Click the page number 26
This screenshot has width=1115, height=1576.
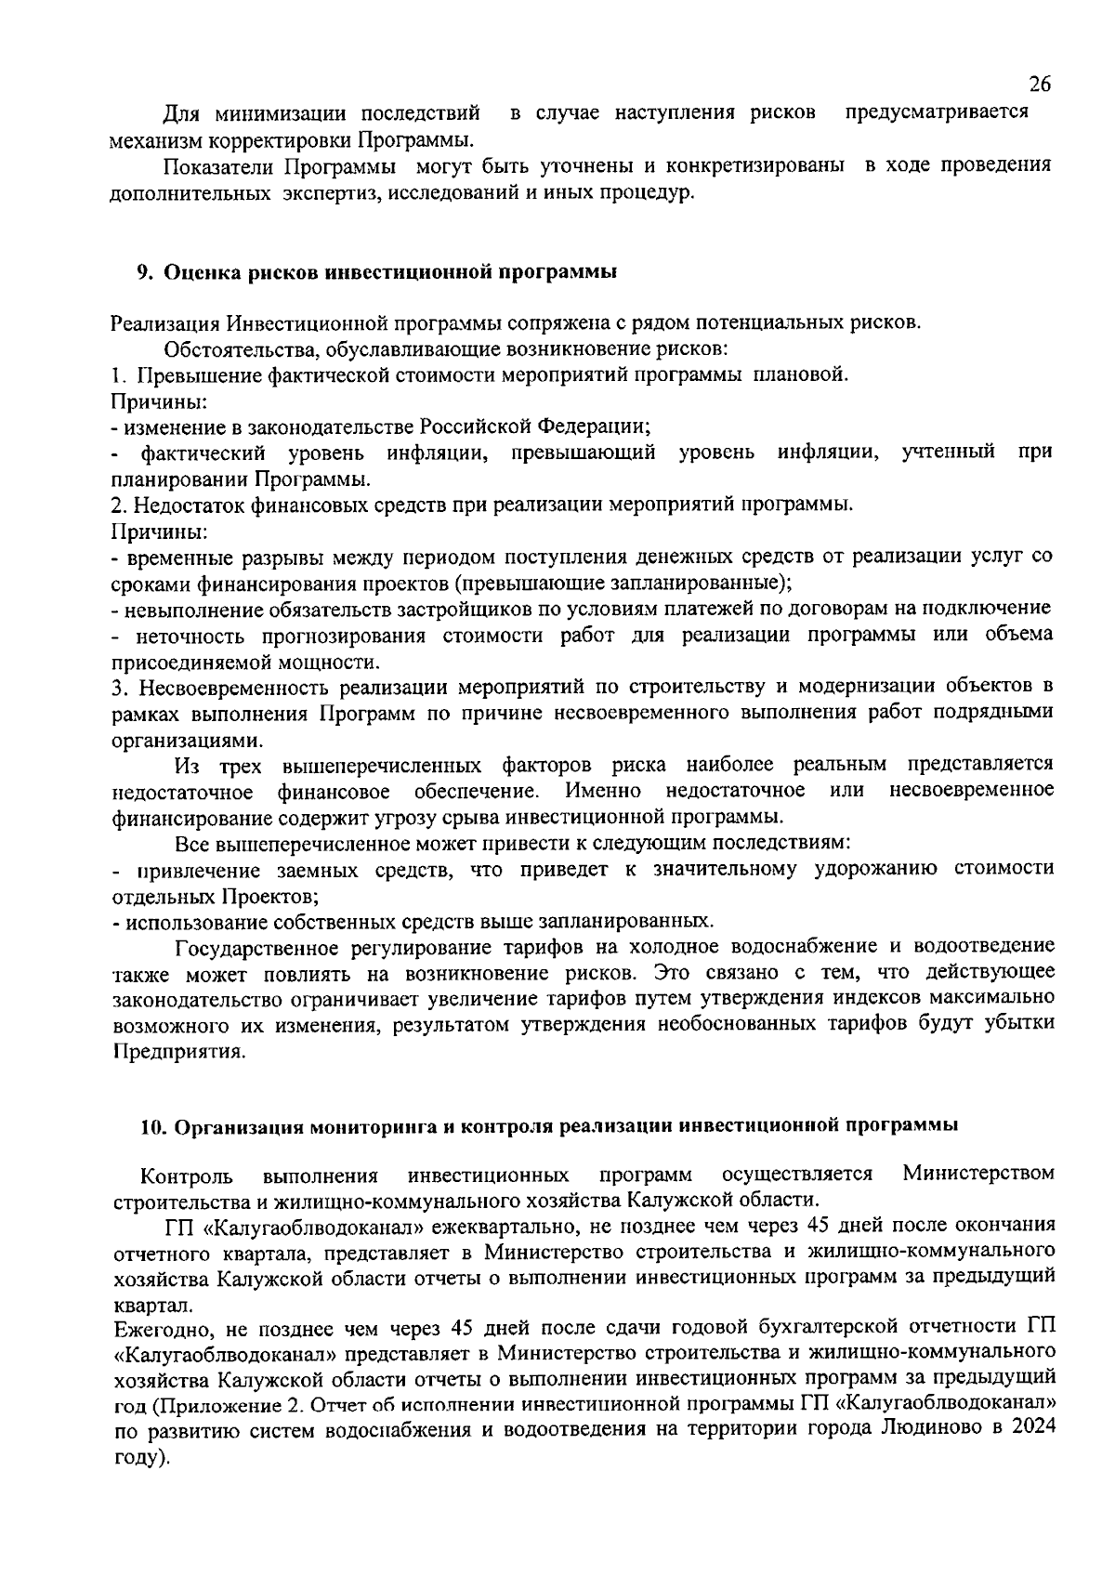coord(1040,85)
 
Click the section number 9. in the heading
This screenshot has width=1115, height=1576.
coord(144,272)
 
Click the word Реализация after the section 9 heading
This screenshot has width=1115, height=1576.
coord(165,323)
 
